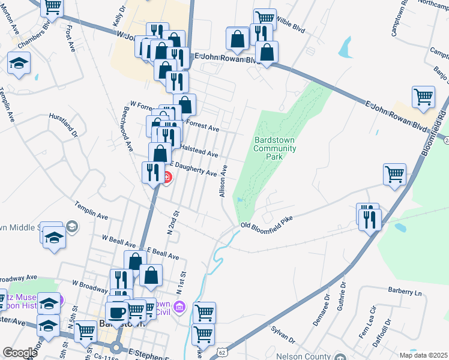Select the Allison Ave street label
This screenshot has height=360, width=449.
[x=222, y=181]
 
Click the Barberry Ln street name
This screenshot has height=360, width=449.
[x=405, y=292]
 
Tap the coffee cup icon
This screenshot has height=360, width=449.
[x=117, y=312]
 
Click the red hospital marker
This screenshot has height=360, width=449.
[x=166, y=178]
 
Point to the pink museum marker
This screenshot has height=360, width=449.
[x=178, y=308]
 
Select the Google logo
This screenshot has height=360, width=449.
[x=19, y=353]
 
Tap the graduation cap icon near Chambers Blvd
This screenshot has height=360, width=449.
[x=19, y=62]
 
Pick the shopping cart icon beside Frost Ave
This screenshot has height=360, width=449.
[x=53, y=7]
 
